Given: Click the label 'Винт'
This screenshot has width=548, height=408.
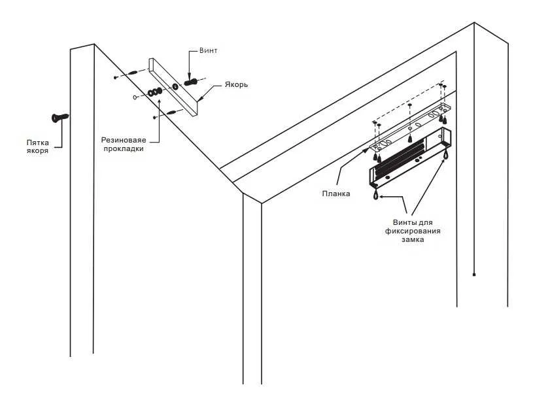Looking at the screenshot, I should (x=208, y=50).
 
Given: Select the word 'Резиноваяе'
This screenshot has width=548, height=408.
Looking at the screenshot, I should (x=122, y=140).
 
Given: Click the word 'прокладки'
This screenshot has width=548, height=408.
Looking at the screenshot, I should (x=122, y=149).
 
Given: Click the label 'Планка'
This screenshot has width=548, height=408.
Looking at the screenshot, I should (x=336, y=194).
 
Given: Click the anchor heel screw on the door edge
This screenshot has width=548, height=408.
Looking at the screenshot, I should (x=60, y=118).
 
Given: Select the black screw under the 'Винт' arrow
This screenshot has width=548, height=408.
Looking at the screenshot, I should (x=191, y=83).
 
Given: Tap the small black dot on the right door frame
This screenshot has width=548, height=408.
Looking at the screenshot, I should (x=473, y=275).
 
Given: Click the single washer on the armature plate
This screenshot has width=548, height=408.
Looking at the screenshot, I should (x=175, y=87).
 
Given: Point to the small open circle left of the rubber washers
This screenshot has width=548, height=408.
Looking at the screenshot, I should (x=135, y=98).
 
